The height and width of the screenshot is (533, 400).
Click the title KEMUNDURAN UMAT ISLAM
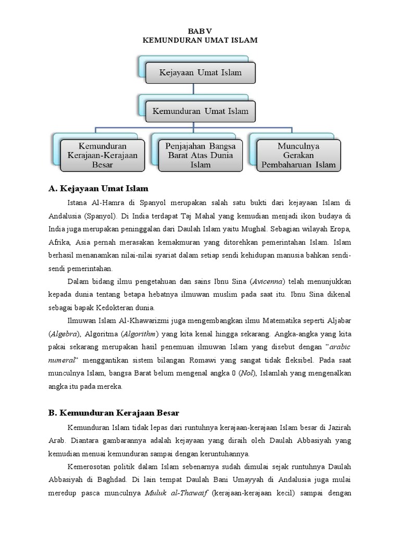point(200,40)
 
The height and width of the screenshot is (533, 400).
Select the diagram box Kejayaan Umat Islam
point(201,72)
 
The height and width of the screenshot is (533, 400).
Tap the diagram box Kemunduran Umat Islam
point(201,111)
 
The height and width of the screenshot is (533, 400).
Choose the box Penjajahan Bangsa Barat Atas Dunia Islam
point(201,155)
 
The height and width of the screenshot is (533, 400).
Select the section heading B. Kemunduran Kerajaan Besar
point(114,413)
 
